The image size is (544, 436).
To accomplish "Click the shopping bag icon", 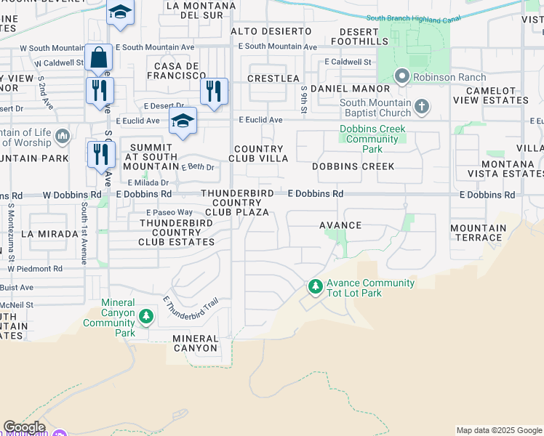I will pos(98,57).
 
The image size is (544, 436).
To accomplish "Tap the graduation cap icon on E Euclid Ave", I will pos(183,120).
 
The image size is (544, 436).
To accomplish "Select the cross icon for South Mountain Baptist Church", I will pos(421,108).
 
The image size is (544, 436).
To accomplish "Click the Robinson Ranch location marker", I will pos(401,76).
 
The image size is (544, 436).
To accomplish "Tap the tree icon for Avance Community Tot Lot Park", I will pos(315,288).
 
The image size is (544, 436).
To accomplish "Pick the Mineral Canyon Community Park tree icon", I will pos(146,316).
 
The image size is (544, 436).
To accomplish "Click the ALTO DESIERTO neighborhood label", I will pos(271,31).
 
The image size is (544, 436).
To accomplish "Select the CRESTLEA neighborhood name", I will pos(273,78).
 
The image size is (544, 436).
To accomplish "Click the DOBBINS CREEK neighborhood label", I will pos(353,166).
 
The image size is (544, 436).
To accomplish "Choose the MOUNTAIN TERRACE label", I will pos(477,233).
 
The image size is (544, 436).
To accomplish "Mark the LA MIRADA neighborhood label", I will pos(49,234).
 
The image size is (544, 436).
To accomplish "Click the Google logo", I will pos(24,427).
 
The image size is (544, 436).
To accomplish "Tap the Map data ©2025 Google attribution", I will pos(498,430).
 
